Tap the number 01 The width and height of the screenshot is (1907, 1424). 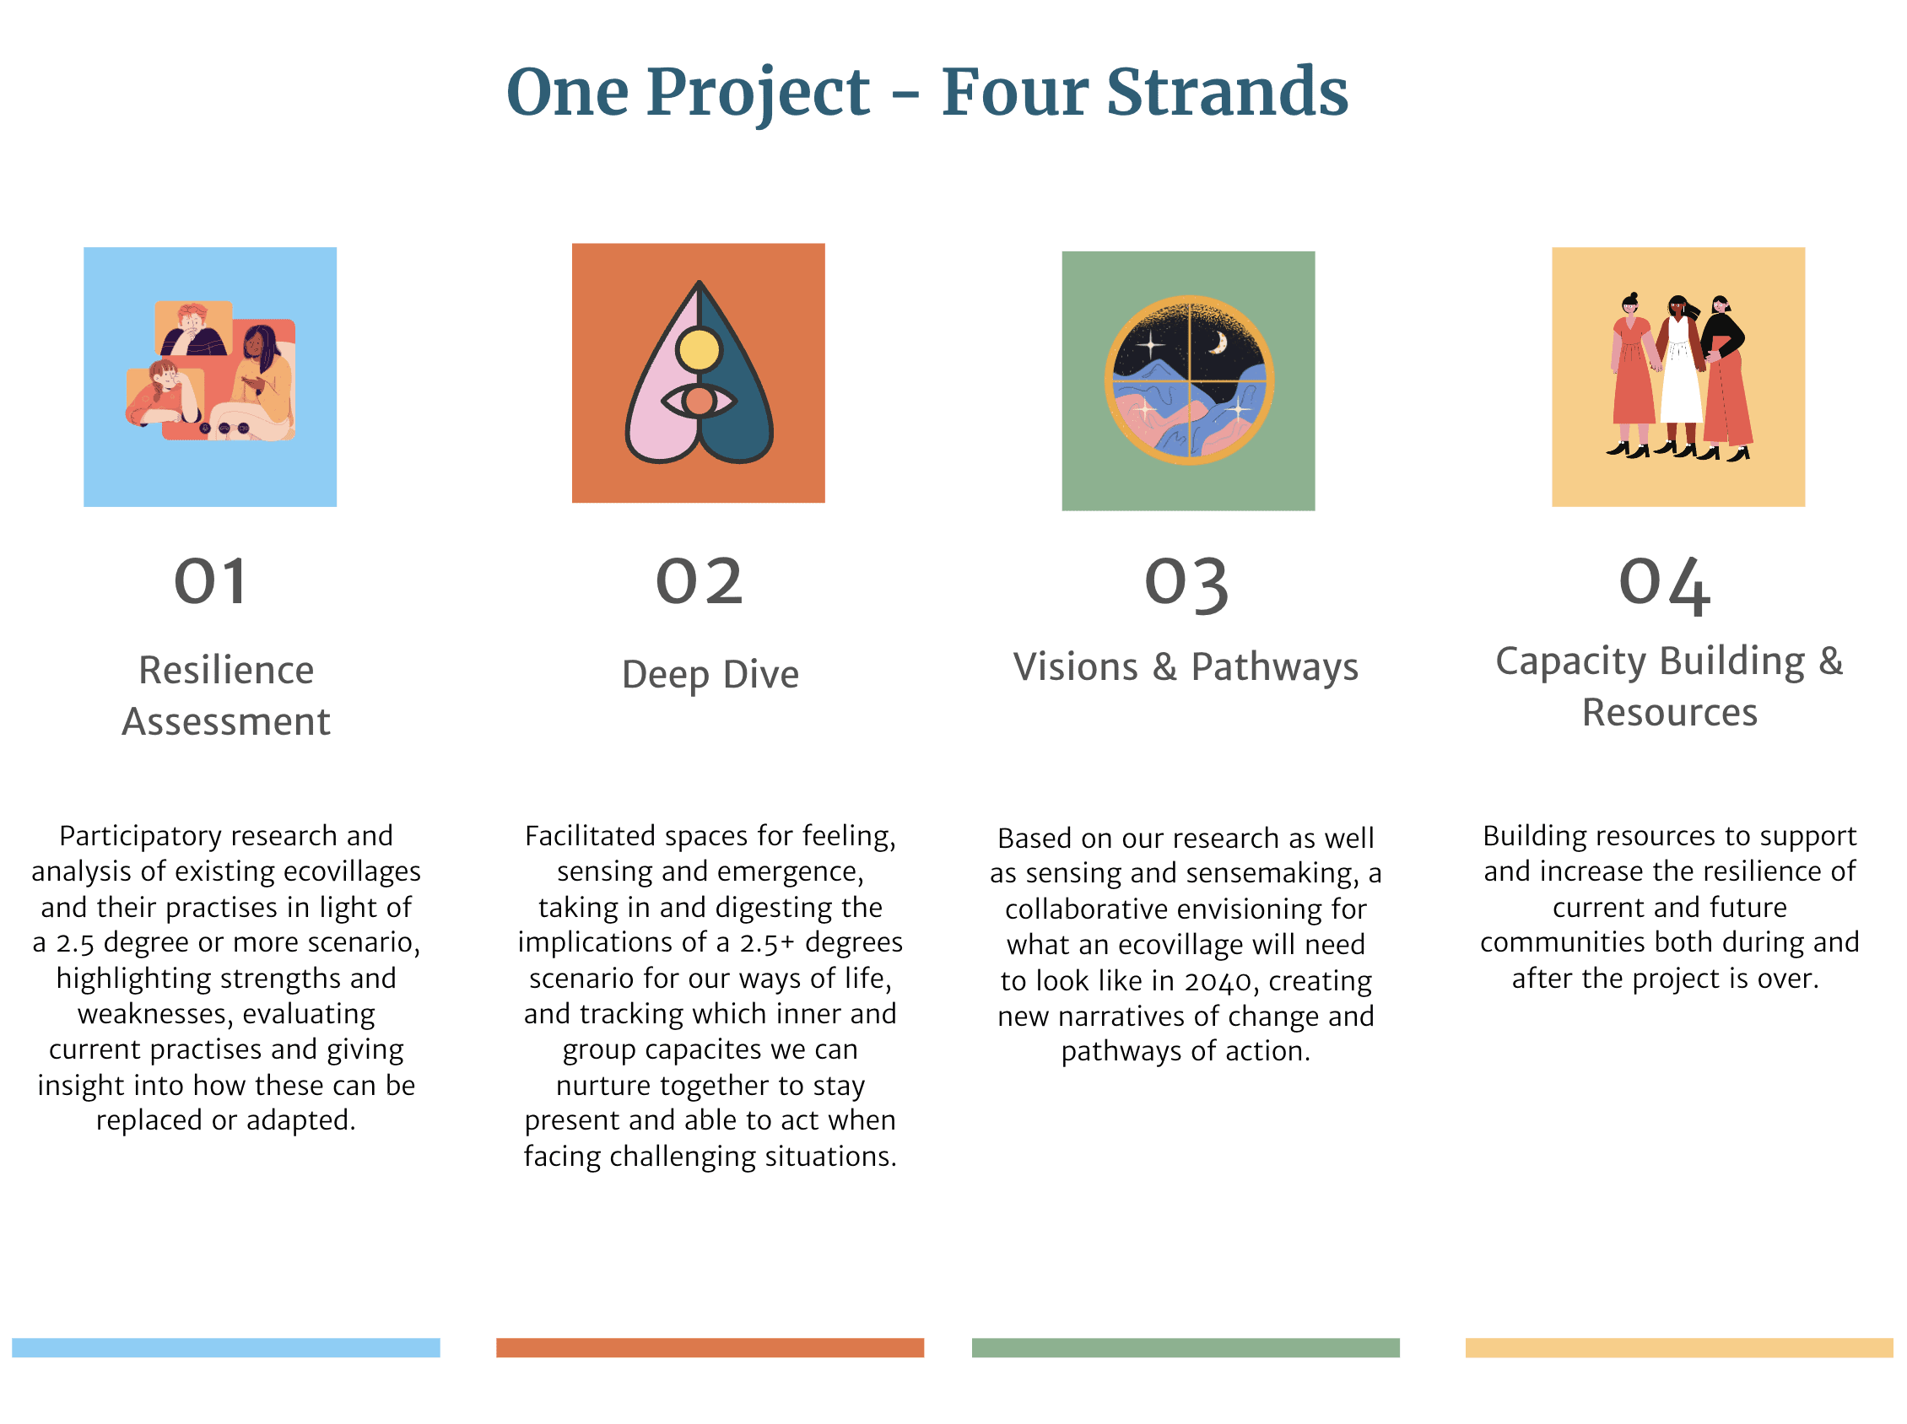[211, 582]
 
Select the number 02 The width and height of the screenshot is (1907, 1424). [700, 582]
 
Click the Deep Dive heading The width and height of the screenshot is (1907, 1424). [710, 675]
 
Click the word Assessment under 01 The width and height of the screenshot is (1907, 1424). [226, 721]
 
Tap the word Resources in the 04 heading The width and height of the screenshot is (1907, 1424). [1670, 713]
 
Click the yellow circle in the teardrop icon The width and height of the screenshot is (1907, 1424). [699, 350]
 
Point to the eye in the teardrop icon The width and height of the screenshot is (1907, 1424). [699, 401]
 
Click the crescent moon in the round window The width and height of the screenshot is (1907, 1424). [1218, 344]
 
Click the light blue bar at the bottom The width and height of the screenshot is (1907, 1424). [226, 1348]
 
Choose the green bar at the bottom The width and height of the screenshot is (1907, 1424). [1186, 1348]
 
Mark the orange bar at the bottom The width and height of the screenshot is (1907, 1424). [710, 1348]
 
